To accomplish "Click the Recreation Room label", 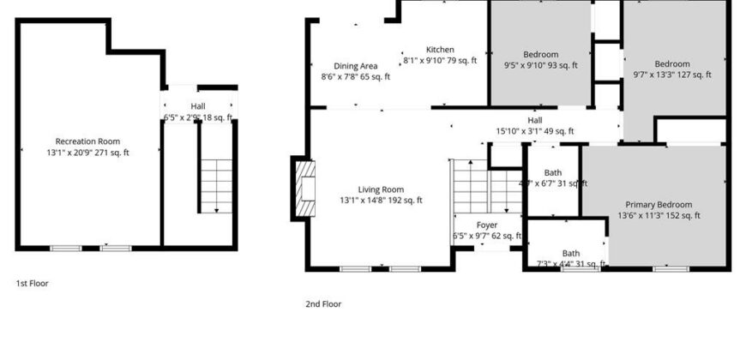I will tap(87, 141).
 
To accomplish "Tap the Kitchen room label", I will tap(440, 50).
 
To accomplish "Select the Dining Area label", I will tap(355, 66).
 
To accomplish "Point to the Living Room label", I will tap(381, 189).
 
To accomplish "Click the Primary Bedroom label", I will tap(659, 205).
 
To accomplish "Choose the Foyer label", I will tap(487, 225).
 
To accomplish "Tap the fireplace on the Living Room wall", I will tap(304, 188).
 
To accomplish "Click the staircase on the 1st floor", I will tap(217, 184).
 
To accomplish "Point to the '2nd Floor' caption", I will tap(323, 303).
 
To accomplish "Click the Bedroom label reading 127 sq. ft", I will tap(672, 64).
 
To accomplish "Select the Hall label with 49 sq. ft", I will tap(535, 121).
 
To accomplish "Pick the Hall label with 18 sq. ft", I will tap(198, 107).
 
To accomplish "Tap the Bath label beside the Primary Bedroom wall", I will tap(553, 172).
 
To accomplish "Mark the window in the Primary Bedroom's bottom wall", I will tap(671, 269).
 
